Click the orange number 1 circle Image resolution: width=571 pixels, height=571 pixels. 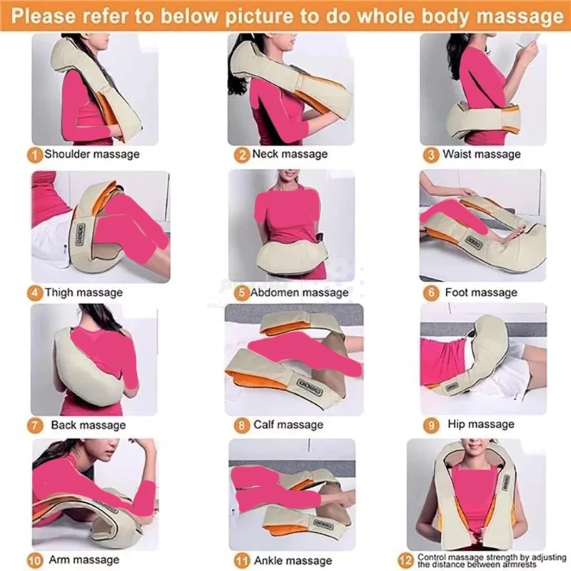point(34,155)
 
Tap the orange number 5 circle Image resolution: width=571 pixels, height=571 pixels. point(242,293)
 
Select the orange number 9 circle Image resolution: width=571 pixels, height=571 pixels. point(431,425)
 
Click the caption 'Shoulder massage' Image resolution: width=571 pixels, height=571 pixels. point(92,154)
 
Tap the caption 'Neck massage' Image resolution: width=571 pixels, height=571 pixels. point(290,154)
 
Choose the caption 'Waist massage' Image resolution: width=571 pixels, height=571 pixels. point(481,154)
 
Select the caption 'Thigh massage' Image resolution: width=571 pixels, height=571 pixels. point(84,293)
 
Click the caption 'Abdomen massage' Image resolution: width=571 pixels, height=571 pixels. point(299,293)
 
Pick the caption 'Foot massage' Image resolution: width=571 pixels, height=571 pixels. point(481,293)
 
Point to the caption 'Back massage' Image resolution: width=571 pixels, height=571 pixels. point(89,425)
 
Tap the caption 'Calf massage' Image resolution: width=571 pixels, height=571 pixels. point(288,425)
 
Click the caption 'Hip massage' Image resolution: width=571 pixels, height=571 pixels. point(481,424)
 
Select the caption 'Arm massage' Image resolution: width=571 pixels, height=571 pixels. point(84,560)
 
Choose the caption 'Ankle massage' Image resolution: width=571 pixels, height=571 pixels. point(293,561)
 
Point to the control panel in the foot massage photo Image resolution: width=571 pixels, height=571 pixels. point(474,242)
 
